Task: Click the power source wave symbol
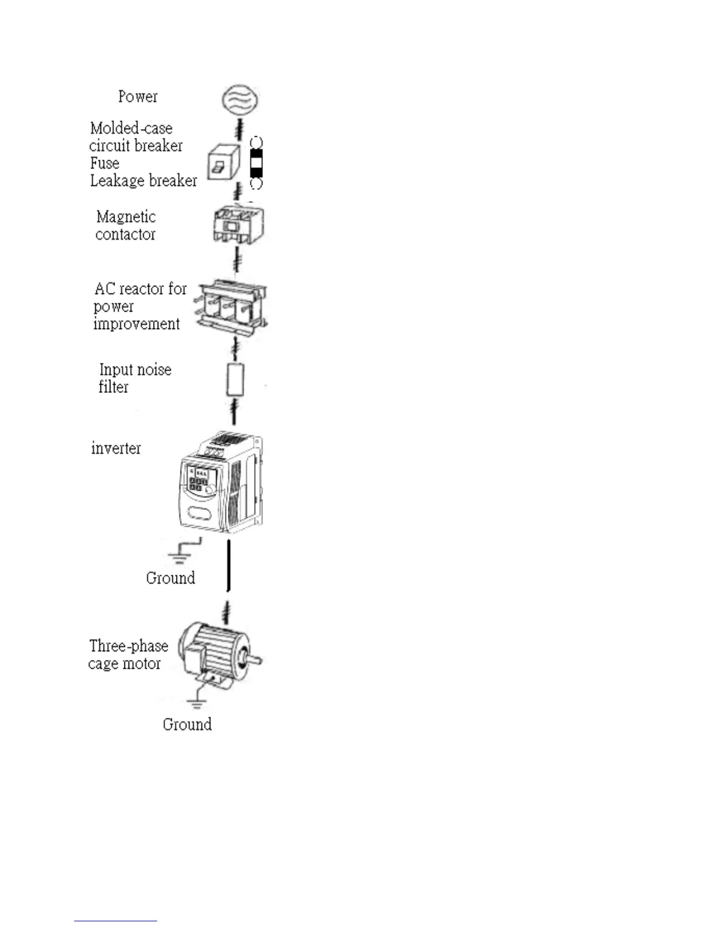pyautogui.click(x=240, y=98)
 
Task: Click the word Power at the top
pyautogui.click(x=138, y=96)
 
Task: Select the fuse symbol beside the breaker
pyautogui.click(x=256, y=163)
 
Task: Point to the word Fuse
pyautogui.click(x=105, y=163)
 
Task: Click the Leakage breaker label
pyautogui.click(x=143, y=181)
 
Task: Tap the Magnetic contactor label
pyautogui.click(x=126, y=226)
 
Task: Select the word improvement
pyautogui.click(x=137, y=324)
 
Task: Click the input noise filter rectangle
pyautogui.click(x=235, y=380)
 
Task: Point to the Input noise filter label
pyautogui.click(x=134, y=378)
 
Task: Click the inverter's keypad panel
pyautogui.click(x=198, y=480)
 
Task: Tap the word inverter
pyautogui.click(x=116, y=448)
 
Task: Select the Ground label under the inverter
pyautogui.click(x=171, y=578)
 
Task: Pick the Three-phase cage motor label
pyautogui.click(x=128, y=655)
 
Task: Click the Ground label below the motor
pyautogui.click(x=187, y=724)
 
